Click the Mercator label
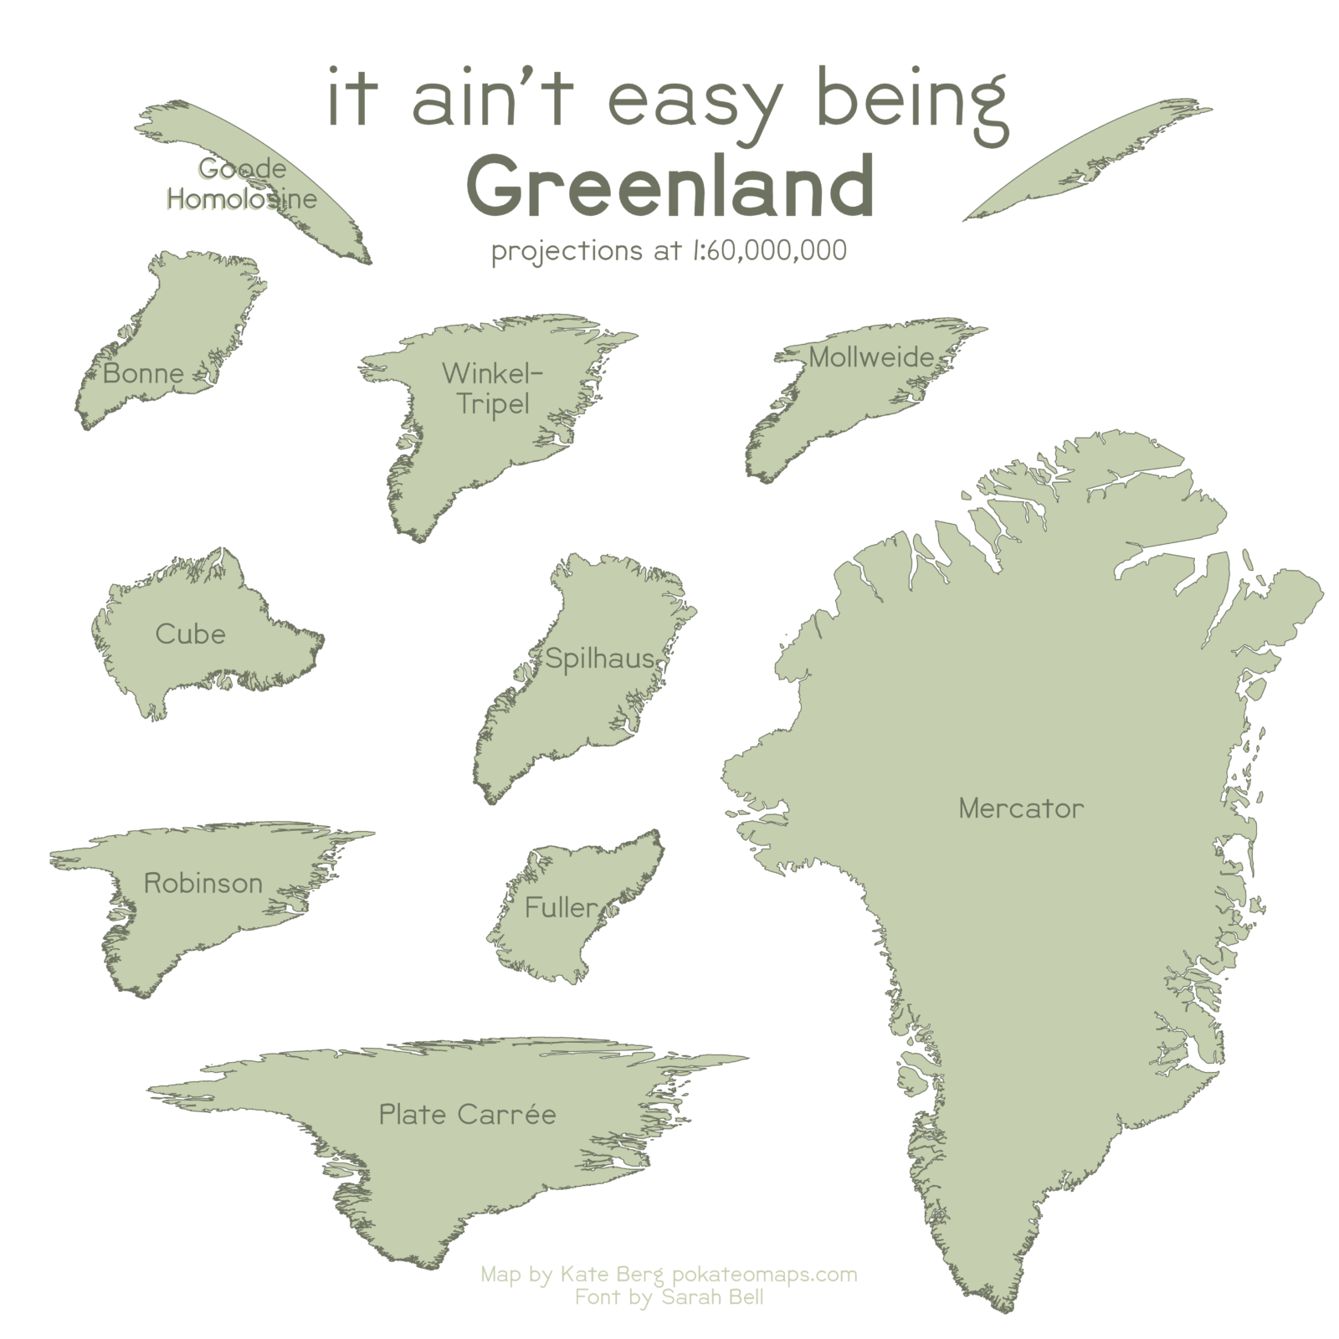pyautogui.click(x=1020, y=808)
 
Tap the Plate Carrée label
pyautogui.click(x=467, y=1115)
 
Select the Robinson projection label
pyautogui.click(x=203, y=883)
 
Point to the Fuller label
pyautogui.click(x=561, y=907)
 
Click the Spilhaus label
pyautogui.click(x=599, y=659)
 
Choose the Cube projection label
pyautogui.click(x=190, y=634)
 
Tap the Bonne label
pyautogui.click(x=143, y=373)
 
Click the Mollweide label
pyautogui.click(x=870, y=357)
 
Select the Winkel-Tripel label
pyautogui.click(x=493, y=388)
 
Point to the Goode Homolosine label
pyautogui.click(x=242, y=184)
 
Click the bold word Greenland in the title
pyautogui.click(x=669, y=186)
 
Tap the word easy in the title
pyautogui.click(x=694, y=102)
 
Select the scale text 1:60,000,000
pyautogui.click(x=769, y=250)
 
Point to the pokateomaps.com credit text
pyautogui.click(x=764, y=1275)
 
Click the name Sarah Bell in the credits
pyautogui.click(x=711, y=1297)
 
